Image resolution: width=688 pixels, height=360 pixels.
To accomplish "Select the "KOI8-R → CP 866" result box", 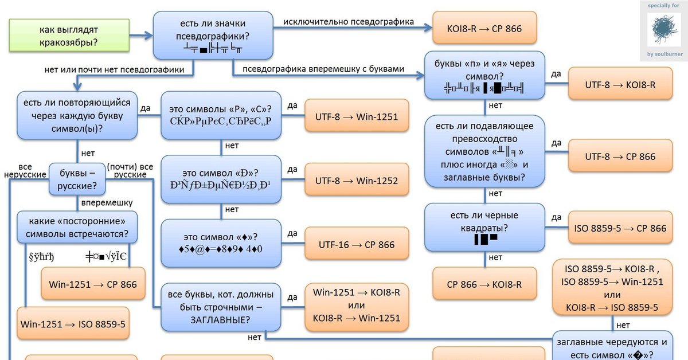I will (x=484, y=28).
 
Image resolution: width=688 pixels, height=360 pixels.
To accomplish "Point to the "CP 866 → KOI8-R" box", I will (x=484, y=285).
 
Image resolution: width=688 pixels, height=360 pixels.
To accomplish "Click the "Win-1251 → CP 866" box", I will (x=93, y=284).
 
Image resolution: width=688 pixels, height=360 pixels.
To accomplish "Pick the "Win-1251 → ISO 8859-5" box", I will (x=73, y=324).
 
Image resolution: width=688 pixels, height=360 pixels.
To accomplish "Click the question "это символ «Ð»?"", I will (x=221, y=179).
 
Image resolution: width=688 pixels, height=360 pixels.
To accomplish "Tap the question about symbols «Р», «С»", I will (x=221, y=116).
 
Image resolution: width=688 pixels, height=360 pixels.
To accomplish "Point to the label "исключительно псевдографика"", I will (x=348, y=22).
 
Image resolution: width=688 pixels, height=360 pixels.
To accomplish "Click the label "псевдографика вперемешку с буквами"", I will (x=323, y=69).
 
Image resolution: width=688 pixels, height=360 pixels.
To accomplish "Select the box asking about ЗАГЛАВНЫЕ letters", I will (x=221, y=307).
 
